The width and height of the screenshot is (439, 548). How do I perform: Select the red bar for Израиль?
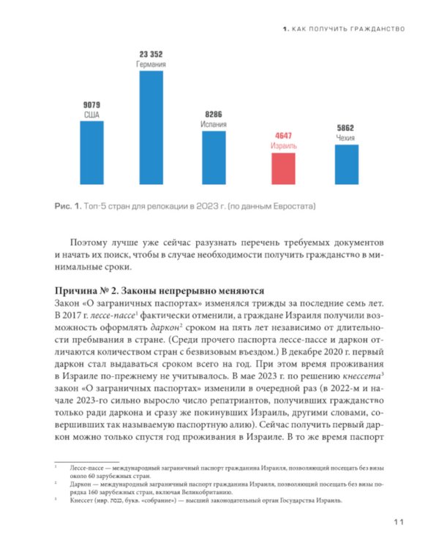point(283,168)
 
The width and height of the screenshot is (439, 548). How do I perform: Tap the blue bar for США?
point(91,152)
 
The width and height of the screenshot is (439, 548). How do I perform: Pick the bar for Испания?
point(214,157)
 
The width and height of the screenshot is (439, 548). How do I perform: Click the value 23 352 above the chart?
point(151,54)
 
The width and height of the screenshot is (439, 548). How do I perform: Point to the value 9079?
point(91,105)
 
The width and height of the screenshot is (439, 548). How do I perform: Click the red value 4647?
point(283,136)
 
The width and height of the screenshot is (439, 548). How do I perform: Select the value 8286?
point(214,115)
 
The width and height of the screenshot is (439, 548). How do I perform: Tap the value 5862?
point(347,128)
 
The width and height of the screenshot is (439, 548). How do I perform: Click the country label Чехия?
point(347,137)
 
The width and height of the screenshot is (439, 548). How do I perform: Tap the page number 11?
point(398,521)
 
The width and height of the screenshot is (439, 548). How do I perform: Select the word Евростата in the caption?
point(293,206)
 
